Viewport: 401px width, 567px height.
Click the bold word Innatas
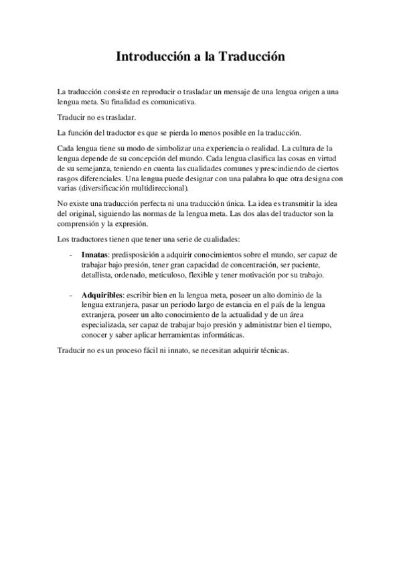point(94,255)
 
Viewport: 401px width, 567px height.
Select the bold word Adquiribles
point(102,294)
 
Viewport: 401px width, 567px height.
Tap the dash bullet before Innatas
point(71,255)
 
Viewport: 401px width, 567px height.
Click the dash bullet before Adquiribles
point(71,294)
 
